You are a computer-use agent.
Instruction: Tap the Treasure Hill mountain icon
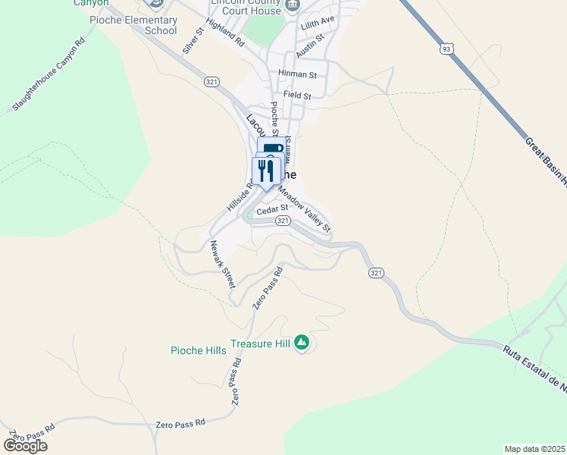[302, 343]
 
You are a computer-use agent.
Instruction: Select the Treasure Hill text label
[260, 343]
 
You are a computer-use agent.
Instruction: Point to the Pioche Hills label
[199, 350]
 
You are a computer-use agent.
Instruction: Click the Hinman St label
[297, 74]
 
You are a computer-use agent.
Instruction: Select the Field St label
[297, 95]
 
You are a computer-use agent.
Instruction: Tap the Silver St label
[193, 41]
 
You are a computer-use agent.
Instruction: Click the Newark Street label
[223, 263]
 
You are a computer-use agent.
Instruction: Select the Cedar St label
[272, 209]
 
